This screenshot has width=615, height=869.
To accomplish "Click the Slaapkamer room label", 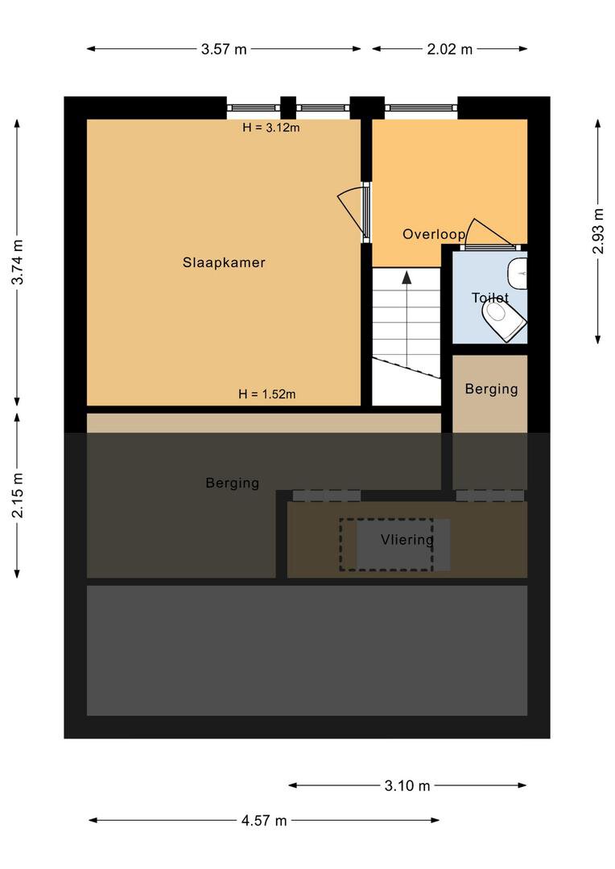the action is point(224,262).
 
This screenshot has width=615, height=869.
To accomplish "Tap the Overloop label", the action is point(434,234).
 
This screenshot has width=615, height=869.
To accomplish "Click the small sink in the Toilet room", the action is point(518,274).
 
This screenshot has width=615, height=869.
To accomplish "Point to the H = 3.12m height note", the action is point(271,127).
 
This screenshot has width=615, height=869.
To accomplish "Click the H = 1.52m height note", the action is point(266,394).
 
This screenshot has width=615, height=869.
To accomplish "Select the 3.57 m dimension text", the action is point(224,49).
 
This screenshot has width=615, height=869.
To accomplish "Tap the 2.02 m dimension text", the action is point(450,49).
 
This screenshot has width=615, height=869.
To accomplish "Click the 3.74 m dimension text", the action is point(18,262).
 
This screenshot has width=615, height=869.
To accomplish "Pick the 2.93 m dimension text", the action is point(598,231).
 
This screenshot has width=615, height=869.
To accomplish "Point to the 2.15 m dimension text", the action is point(18,496).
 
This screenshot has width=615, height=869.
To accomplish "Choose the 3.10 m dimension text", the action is point(407,785).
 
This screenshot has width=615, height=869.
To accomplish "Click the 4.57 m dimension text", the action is point(264,820).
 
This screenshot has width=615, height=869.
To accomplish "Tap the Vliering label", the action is point(407,539).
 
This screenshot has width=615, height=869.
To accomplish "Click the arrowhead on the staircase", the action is point(407,277).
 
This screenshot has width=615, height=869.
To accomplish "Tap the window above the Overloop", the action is point(422,108).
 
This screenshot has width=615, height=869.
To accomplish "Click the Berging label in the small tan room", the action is point(491,389).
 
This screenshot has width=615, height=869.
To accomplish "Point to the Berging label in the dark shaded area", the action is point(233,484).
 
